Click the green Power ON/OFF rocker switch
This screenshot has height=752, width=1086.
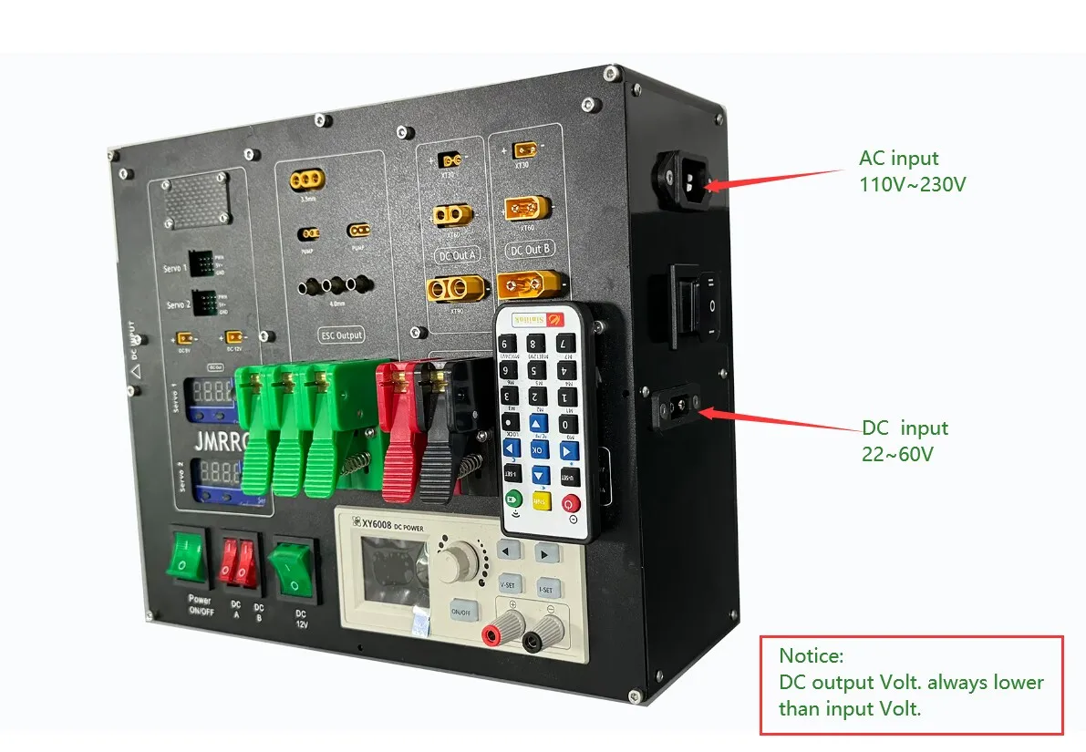tap(188, 558)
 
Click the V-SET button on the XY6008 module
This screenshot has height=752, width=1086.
tap(512, 584)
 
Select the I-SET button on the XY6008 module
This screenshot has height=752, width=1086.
tap(547, 589)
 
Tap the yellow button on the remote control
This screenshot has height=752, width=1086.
tap(542, 500)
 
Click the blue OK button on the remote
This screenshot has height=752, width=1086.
tap(539, 448)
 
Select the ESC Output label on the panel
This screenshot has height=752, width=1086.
tap(342, 335)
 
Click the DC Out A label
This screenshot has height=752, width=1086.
tap(456, 255)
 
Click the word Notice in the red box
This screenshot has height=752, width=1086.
tap(812, 655)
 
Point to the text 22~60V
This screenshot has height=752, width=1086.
tap(897, 453)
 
